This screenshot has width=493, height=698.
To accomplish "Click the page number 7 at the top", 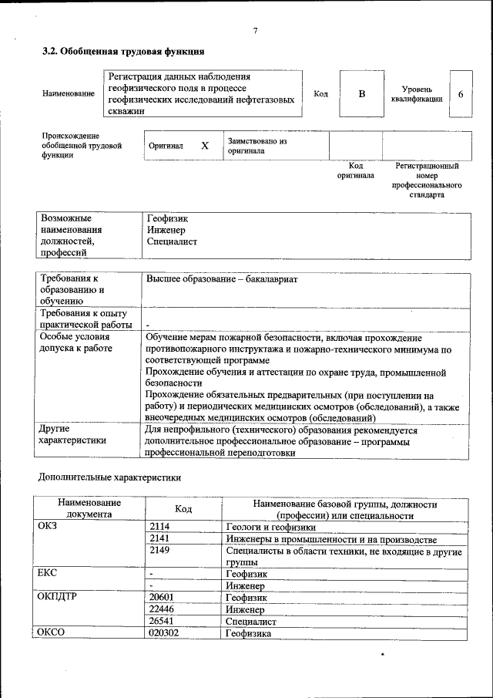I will point(255,31).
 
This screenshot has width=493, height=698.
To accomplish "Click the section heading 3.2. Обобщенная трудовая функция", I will point(122,52).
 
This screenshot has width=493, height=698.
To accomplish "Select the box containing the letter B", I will point(361,93).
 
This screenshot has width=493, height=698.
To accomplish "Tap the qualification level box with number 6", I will point(461,93).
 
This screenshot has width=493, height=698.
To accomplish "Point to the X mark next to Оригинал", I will point(205,145).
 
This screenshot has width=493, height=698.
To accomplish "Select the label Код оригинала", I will point(355,170).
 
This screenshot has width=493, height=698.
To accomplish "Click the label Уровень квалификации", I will point(416,94).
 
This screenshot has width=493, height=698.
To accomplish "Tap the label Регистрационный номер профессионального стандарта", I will point(427,180).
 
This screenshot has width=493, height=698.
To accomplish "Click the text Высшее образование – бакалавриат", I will point(222,279).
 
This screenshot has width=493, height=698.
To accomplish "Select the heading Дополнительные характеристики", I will point(109,477).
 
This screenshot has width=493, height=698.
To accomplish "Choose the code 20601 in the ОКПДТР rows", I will point(162,597).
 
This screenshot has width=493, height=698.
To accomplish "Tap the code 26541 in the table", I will point(162,620).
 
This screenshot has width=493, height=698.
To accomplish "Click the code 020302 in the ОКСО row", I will point(164,632).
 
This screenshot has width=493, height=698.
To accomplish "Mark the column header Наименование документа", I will point(89,508).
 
